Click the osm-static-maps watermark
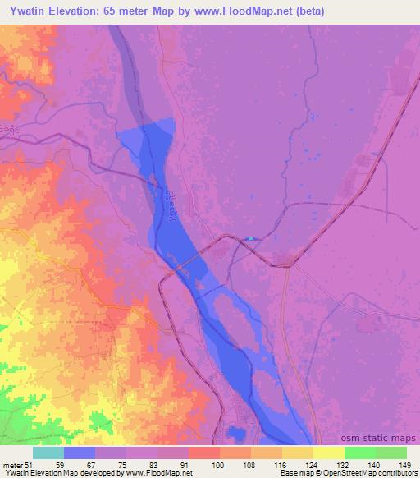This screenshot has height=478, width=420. click(381, 439)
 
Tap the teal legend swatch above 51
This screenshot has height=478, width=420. click(48, 453)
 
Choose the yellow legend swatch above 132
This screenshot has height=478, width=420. click(328, 453)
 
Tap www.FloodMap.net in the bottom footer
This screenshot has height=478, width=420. click(162, 473)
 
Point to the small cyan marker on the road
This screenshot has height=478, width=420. click(249, 239)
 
